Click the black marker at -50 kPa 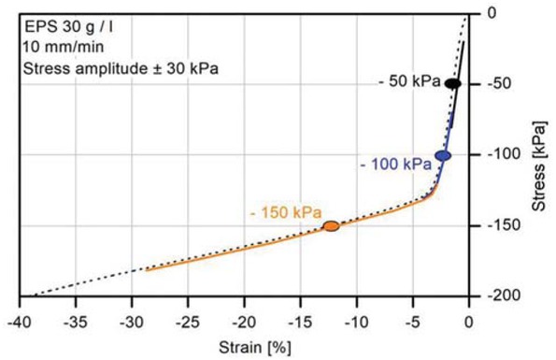tap(452, 83)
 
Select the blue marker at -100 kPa tap(443, 155)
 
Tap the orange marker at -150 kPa tap(330, 225)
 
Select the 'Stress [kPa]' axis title tap(539, 154)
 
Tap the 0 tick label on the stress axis tap(494, 13)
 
